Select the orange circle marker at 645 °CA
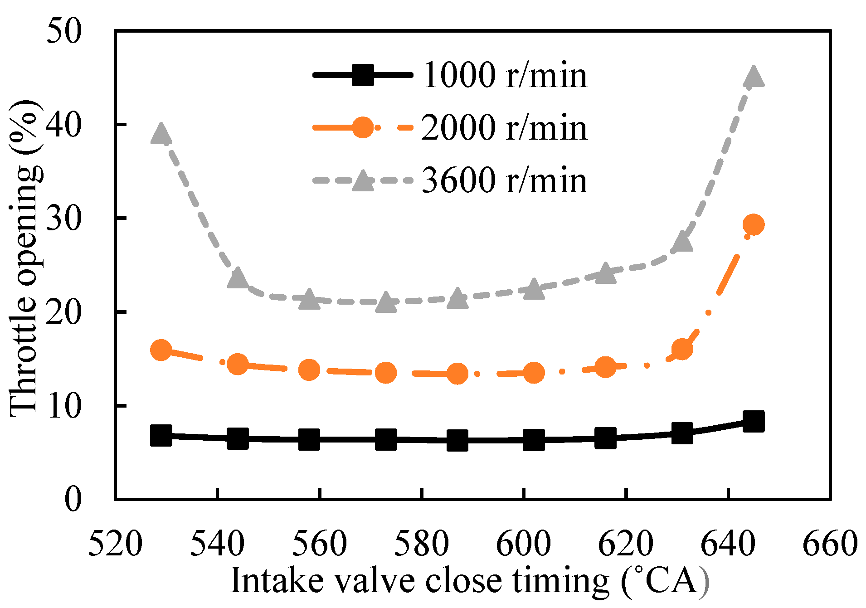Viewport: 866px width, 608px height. coord(754,224)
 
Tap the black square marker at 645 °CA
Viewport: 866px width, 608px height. coord(754,421)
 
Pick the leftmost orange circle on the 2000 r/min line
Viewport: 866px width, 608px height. coord(161,350)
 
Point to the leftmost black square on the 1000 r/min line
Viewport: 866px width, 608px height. coord(161,436)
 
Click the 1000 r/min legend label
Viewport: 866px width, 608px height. coord(505,75)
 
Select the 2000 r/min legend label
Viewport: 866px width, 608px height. coord(505,128)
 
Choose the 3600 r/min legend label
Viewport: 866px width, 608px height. coord(505,180)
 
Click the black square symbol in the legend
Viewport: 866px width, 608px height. coord(363,75)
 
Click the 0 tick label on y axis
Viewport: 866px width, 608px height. coord(73,499)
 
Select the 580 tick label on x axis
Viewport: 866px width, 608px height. coord(422,543)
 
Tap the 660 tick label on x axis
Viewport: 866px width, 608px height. coord(830,543)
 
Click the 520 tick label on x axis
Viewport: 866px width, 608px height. coord(115,543)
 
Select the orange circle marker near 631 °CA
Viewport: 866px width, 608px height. coord(682,349)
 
